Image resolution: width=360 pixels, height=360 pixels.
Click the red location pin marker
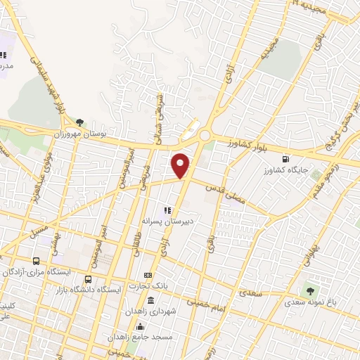[x=181, y=166]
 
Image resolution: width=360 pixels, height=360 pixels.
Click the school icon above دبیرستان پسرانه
[x=167, y=210]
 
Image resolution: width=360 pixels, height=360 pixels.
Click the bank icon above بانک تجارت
[x=148, y=274]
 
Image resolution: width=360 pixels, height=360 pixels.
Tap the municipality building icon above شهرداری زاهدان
[x=151, y=300]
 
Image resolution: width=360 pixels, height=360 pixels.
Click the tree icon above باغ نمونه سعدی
[x=308, y=290]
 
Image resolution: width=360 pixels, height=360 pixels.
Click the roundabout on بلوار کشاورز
[x=205, y=136]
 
